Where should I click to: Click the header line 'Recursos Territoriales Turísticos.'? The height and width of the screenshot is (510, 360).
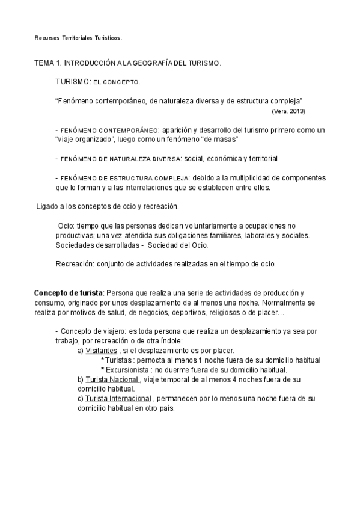coord(78,38)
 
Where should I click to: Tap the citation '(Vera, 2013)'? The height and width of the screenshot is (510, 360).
coord(288,111)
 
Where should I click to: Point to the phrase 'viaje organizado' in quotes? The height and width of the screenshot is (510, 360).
coord(83,139)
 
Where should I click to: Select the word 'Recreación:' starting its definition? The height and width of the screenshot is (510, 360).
coord(75,264)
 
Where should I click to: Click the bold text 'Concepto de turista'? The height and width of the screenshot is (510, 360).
coord(69,293)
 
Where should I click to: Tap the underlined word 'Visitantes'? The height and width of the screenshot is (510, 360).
coord(101,351)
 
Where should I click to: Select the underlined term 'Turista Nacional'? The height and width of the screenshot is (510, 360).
coord(112,379)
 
